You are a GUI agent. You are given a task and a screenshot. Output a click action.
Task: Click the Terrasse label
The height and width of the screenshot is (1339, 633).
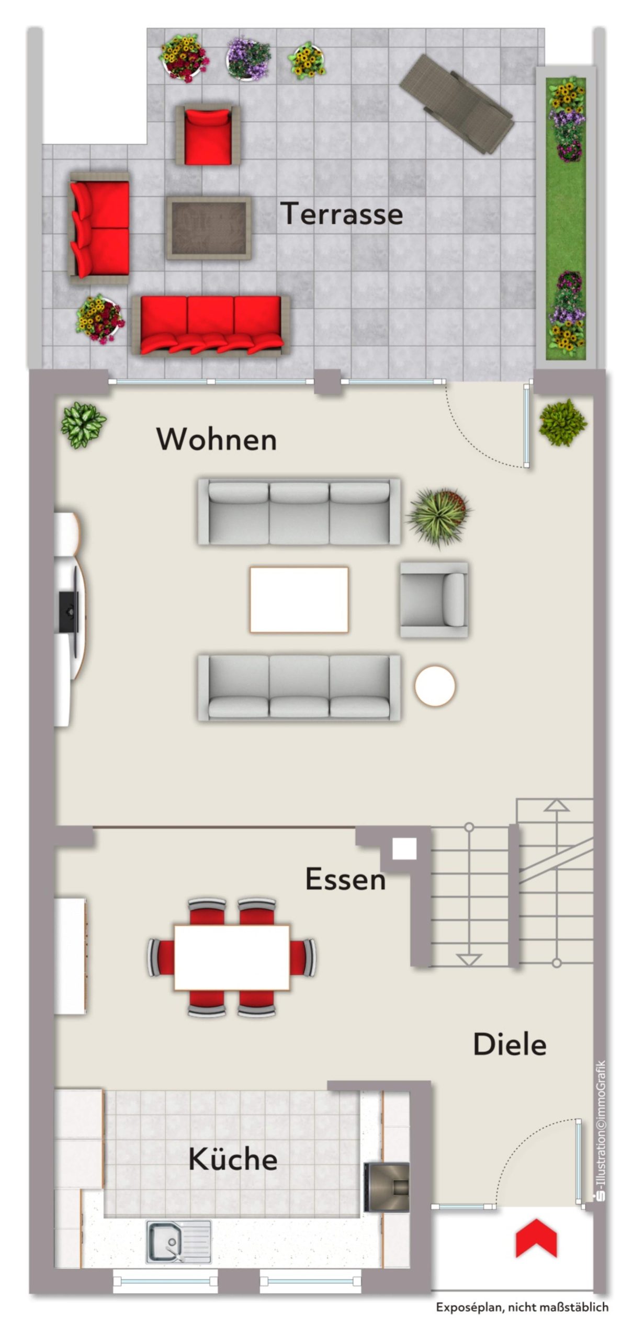(342, 214)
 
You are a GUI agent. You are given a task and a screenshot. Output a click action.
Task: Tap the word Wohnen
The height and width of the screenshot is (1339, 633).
(217, 439)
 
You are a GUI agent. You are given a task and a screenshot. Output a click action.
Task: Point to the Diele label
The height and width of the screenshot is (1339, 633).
(510, 1045)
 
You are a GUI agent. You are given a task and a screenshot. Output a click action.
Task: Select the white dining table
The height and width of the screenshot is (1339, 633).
(232, 957)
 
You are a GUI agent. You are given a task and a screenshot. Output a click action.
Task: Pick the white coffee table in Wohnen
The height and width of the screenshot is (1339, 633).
(299, 599)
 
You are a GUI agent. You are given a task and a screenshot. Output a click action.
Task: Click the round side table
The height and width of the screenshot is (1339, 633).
(435, 686)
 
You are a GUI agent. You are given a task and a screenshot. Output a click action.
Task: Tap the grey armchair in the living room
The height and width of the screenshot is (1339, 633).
(434, 599)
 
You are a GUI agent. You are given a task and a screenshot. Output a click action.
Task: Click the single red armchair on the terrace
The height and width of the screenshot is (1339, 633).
(208, 135)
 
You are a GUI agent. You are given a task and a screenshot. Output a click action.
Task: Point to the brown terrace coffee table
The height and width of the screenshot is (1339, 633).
(209, 228)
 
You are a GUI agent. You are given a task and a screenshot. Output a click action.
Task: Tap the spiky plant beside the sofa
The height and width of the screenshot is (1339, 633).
(439, 517)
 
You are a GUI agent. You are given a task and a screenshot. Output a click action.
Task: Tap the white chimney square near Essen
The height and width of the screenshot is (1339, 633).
(404, 848)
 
